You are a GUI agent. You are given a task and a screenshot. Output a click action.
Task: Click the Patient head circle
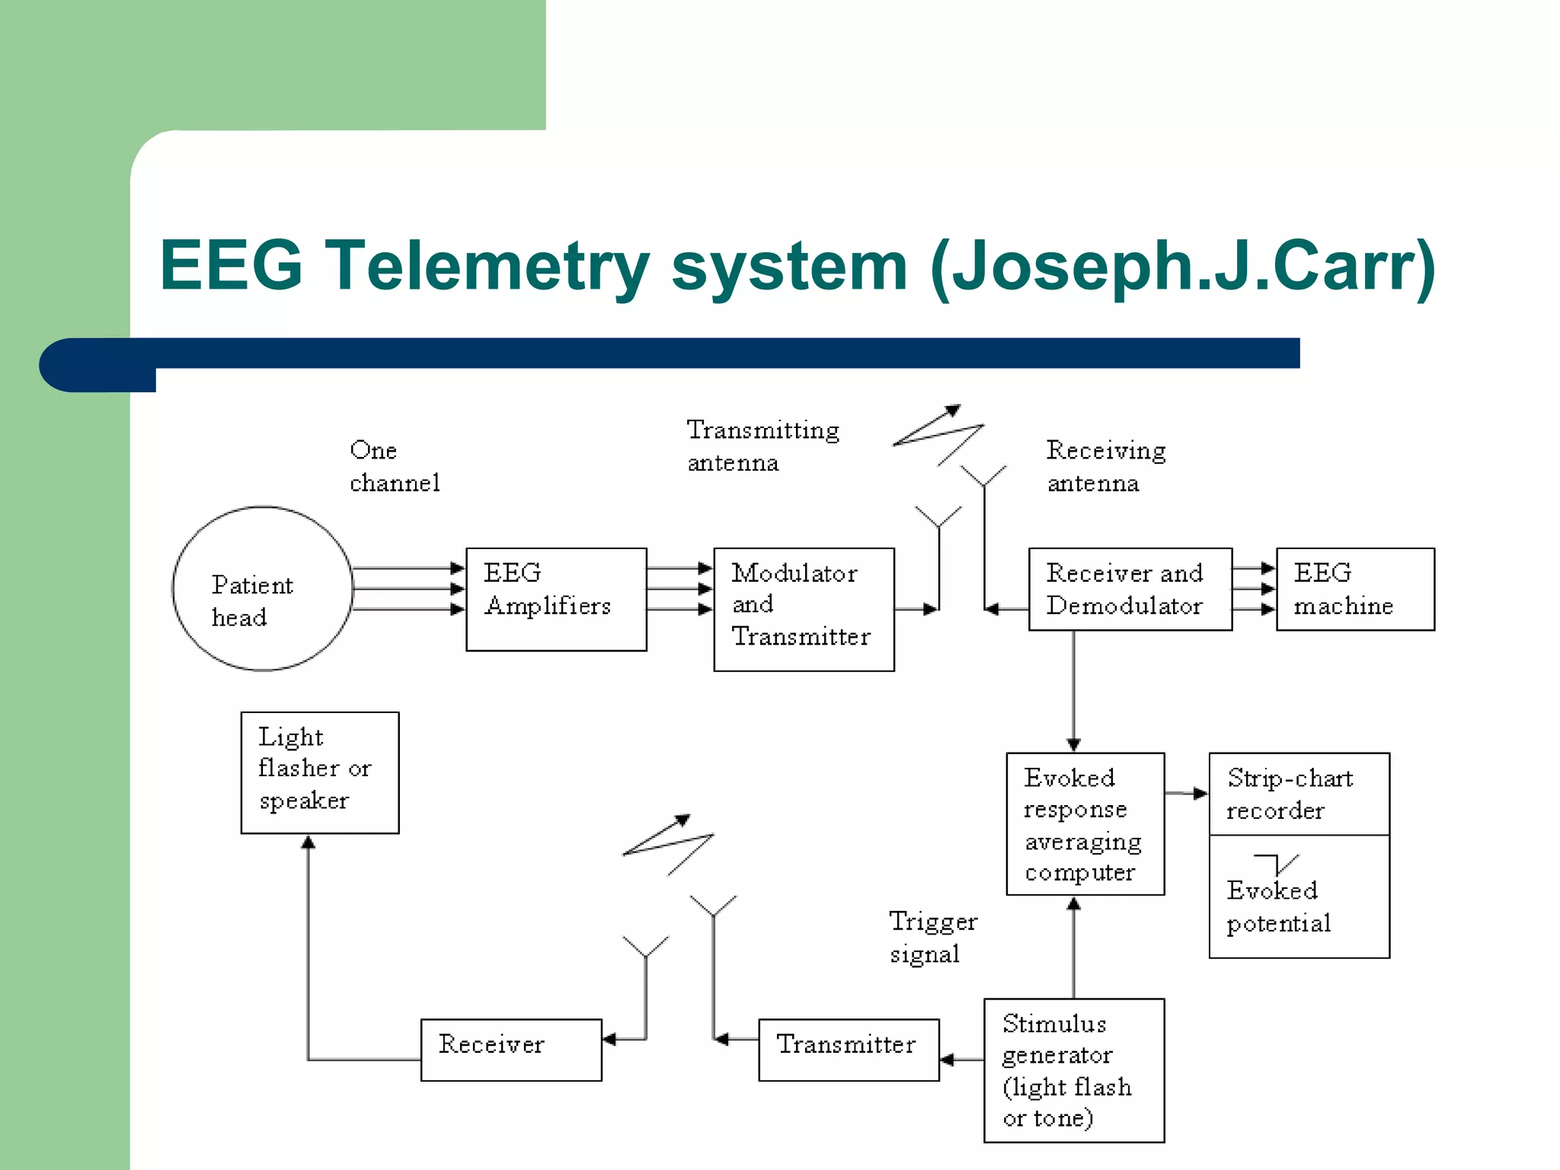[263, 589]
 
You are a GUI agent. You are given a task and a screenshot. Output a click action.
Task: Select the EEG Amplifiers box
[556, 599]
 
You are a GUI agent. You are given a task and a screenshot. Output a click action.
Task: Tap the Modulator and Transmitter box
[804, 609]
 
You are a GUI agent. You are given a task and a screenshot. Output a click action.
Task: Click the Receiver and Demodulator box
[1130, 589]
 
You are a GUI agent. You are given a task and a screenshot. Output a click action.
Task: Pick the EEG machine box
[1355, 589]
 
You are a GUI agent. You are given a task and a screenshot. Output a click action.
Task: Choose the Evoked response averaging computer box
[1085, 823]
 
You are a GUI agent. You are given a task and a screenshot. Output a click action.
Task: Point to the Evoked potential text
[1279, 906]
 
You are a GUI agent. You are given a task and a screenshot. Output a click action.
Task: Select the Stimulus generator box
[1074, 1069]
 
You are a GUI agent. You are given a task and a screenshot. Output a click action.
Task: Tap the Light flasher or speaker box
[320, 772]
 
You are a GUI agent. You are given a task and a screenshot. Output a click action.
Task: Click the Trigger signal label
[932, 937]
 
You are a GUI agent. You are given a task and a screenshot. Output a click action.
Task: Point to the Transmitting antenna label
[762, 446]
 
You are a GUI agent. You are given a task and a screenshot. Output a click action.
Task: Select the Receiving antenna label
[1105, 466]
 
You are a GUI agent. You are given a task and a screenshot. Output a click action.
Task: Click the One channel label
[394, 465]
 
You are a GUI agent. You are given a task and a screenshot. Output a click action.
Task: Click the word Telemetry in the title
[487, 266]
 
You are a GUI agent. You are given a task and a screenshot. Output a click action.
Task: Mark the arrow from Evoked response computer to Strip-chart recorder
[1187, 794]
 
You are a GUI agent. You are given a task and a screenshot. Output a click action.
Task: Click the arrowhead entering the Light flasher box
[308, 842]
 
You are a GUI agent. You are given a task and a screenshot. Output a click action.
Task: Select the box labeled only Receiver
[511, 1049]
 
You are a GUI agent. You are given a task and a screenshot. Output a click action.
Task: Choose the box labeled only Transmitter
[849, 1049]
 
